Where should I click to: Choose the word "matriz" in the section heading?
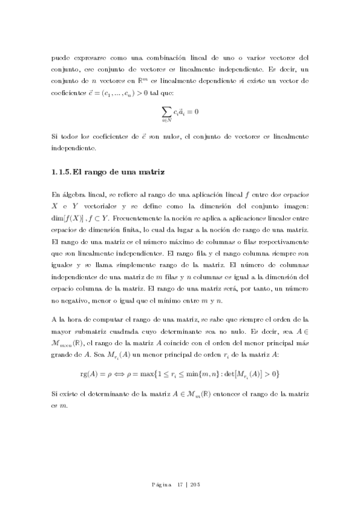pos(148,173)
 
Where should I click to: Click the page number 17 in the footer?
pos(180,485)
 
